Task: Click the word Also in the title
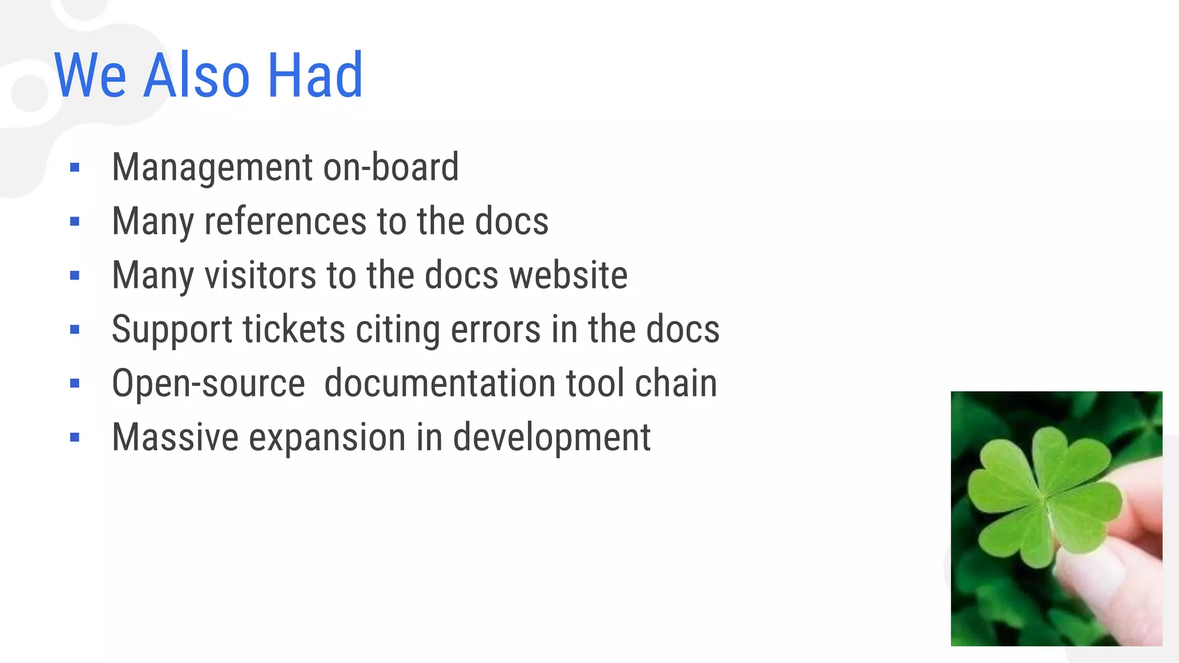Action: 196,75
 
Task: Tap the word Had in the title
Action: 315,75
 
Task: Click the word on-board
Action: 391,167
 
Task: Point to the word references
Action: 286,221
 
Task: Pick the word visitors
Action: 260,275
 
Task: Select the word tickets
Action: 294,329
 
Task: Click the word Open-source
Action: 208,384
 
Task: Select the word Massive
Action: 175,437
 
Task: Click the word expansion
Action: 327,439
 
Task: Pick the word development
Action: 552,439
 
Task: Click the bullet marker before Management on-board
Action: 74,167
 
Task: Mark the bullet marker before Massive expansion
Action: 74,437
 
